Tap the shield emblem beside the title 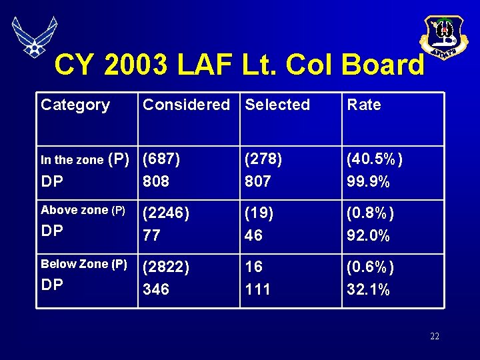click(x=443, y=36)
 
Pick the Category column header click(x=75, y=105)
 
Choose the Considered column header click(x=187, y=105)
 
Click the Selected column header click(x=277, y=105)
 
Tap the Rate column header click(x=364, y=105)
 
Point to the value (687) click(x=162, y=159)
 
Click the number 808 click(x=156, y=182)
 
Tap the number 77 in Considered click(x=152, y=235)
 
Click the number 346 click(x=156, y=289)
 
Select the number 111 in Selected click(x=257, y=289)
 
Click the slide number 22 click(x=435, y=336)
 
